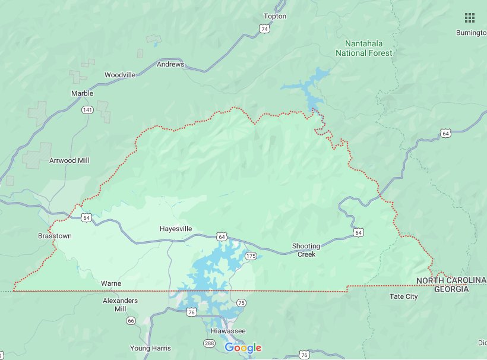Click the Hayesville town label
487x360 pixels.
(176, 229)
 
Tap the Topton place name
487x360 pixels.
(274, 16)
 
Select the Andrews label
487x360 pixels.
(170, 64)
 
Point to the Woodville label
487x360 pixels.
(120, 75)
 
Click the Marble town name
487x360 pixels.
(82, 93)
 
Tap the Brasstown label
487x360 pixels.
(55, 236)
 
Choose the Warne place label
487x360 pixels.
(111, 283)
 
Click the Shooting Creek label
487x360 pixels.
(306, 250)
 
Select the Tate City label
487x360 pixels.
(403, 296)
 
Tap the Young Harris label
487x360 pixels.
(150, 348)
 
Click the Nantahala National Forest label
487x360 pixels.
(363, 48)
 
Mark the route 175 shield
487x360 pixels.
(251, 256)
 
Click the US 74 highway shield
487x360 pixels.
(264, 29)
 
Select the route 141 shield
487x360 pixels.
(87, 110)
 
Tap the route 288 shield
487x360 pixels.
(210, 343)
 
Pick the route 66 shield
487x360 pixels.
(131, 321)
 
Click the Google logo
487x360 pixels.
(243, 348)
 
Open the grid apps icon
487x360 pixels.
(469, 17)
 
